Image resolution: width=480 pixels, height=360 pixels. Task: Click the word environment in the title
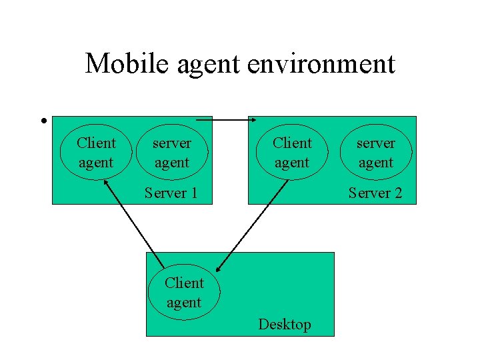[x=321, y=64]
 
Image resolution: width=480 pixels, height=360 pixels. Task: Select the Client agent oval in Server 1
[x=96, y=153]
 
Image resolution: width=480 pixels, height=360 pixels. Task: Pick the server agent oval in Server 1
[x=171, y=153]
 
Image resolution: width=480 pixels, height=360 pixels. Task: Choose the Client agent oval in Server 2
[x=292, y=153]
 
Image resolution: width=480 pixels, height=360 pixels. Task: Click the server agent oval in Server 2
[x=375, y=153]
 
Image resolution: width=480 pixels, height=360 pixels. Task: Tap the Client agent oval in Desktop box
[x=184, y=293]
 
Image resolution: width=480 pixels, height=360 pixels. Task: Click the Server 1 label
[x=171, y=193]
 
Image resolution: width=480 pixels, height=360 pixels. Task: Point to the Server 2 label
[x=375, y=193]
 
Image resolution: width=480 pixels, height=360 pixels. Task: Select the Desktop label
[x=285, y=325]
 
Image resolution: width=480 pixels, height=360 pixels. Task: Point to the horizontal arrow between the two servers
[x=227, y=120]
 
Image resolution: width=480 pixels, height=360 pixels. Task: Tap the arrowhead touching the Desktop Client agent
[x=220, y=269]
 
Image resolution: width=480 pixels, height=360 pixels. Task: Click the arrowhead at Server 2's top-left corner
[x=253, y=120]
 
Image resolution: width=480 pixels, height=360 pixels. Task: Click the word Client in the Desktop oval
[x=184, y=283]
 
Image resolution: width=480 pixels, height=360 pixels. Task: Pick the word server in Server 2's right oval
[x=375, y=143]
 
